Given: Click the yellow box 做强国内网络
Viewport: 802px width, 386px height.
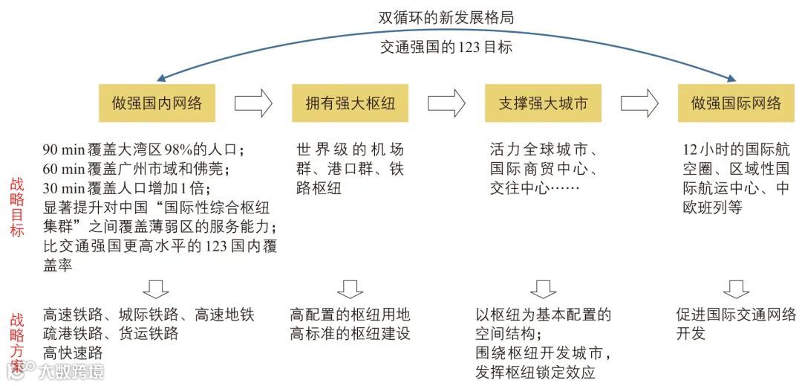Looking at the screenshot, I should coord(157,103).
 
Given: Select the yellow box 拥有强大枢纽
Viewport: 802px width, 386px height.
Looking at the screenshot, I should coord(350,103).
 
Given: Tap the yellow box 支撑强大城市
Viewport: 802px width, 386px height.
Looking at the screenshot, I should coord(543,103).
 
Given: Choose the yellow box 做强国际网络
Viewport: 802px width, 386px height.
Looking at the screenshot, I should coord(736,103).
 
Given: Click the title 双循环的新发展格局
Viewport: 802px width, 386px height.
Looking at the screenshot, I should coord(446,16).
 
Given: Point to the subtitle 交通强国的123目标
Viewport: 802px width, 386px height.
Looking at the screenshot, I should coord(446,47).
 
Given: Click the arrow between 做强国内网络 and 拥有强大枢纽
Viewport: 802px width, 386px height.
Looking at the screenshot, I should coord(253,103).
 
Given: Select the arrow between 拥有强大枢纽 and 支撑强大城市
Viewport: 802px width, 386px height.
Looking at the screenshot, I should coord(446,103).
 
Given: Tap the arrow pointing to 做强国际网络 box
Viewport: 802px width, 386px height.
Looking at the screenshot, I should coord(639,103).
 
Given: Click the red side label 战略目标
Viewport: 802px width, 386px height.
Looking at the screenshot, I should coord(16,208).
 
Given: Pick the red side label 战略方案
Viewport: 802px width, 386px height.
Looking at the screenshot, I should coord(16,341).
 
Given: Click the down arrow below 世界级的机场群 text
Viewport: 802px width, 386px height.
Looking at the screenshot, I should coord(350,289).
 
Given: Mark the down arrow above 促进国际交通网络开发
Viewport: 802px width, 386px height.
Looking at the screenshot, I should coord(736,289).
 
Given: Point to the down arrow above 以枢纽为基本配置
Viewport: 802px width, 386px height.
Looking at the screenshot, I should coord(543,289).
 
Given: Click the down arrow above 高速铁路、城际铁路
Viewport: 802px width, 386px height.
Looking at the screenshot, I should coord(157,289).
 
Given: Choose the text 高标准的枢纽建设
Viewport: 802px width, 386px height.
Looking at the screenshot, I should coord(350,334).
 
